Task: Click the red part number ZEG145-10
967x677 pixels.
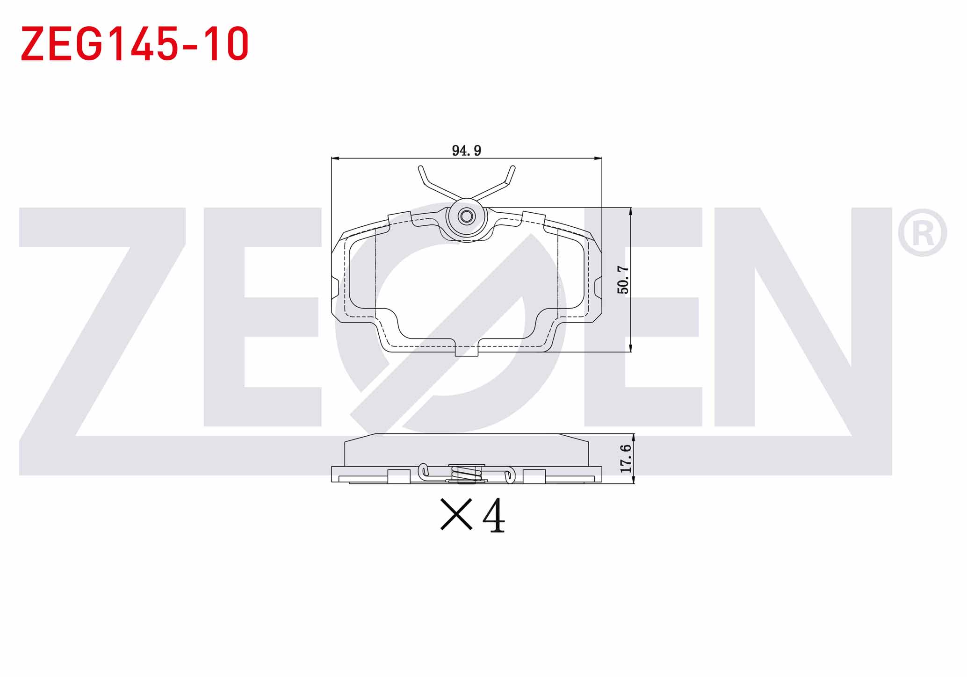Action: (135, 44)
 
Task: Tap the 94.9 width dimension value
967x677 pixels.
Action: (466, 151)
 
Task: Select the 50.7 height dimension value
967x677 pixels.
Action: (623, 279)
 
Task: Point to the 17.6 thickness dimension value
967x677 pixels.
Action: (626, 458)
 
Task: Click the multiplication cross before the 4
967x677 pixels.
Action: (456, 515)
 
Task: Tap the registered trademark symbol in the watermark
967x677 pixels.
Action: (922, 233)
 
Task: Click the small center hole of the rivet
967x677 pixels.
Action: (466, 216)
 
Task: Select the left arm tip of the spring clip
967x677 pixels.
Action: (420, 167)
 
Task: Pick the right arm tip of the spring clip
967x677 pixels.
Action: (512, 167)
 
